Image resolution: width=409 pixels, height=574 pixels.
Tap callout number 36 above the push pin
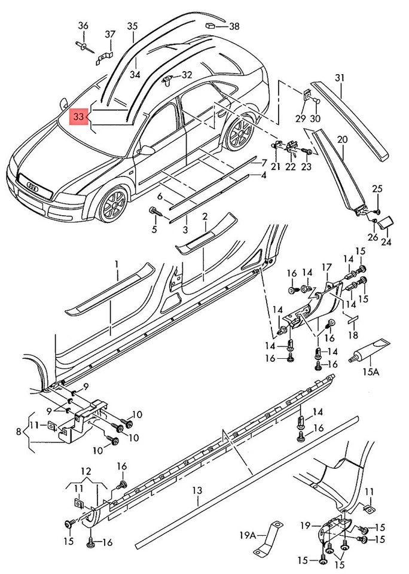pyautogui.click(x=83, y=25)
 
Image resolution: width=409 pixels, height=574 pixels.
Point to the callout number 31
pyautogui.click(x=340, y=78)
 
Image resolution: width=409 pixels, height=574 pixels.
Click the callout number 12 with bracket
pyautogui.click(x=86, y=471)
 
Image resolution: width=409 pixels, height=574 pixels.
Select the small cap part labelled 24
pyautogui.click(x=386, y=223)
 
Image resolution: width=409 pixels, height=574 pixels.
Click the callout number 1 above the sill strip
pyautogui.click(x=117, y=264)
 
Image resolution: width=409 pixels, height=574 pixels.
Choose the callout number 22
pyautogui.click(x=291, y=167)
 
